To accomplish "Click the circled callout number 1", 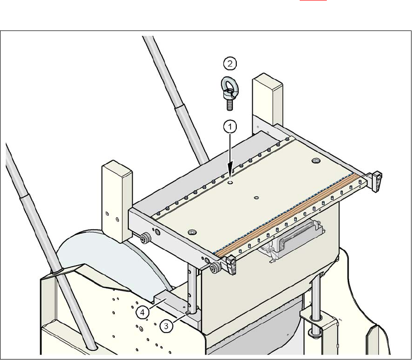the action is coord(230,127).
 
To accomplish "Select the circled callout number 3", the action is coord(166,326).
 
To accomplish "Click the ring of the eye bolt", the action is coord(228,85).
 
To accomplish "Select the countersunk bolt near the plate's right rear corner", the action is coord(316,160).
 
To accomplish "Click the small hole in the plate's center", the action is coord(256,197).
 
